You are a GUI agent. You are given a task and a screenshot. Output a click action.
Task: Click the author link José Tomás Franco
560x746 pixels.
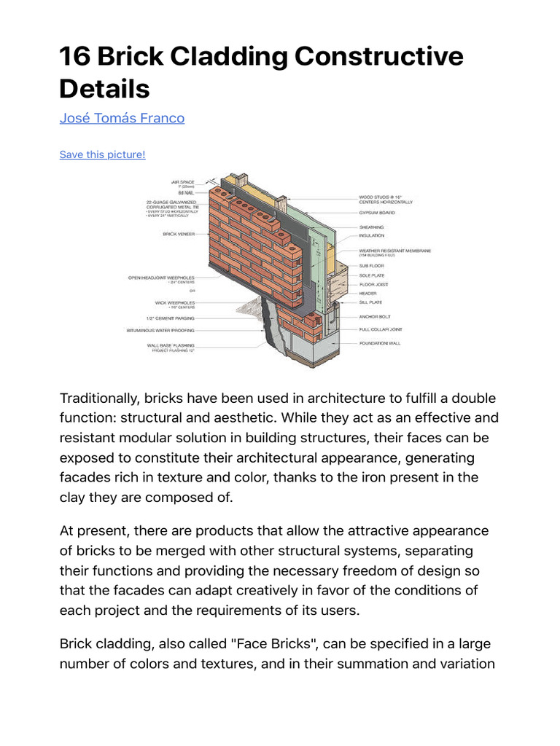(x=122, y=117)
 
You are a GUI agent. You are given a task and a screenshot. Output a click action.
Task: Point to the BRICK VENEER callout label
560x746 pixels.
(x=179, y=235)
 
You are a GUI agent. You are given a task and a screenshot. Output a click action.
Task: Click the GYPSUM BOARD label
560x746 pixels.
(x=376, y=212)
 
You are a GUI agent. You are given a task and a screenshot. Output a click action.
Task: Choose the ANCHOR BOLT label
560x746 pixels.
(x=376, y=317)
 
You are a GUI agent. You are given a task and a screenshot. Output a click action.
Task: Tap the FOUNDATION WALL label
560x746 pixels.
(x=379, y=343)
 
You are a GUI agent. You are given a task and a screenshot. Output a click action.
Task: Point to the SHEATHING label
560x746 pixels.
(x=371, y=227)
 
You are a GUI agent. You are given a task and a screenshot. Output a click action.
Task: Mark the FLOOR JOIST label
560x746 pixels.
(x=373, y=284)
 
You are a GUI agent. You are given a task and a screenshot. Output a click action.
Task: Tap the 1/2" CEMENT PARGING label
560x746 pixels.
(x=170, y=318)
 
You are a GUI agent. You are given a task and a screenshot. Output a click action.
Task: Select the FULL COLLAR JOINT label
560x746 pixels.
(x=381, y=330)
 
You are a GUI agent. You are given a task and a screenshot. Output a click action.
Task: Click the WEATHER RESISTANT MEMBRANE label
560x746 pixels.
(x=394, y=250)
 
